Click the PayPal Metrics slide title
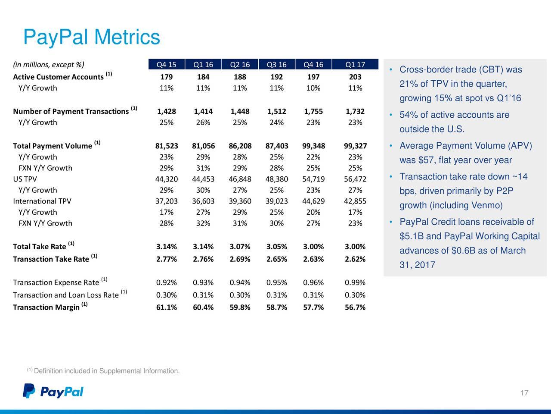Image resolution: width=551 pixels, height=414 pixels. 92,37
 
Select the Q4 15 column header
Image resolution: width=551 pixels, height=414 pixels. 167,65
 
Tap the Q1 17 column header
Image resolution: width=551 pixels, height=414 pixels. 355,65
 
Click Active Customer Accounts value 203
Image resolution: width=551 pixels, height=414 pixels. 355,77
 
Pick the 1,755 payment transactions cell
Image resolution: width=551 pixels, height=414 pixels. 313,111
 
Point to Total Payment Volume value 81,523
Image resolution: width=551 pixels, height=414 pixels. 167,146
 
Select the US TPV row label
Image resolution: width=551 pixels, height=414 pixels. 25,179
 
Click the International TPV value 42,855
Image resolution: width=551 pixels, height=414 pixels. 355,201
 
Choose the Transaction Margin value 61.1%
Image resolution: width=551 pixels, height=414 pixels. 167,307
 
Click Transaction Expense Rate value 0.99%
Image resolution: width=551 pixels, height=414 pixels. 355,282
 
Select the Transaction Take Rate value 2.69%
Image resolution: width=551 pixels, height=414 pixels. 240,259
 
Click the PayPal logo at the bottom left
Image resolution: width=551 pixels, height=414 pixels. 53,391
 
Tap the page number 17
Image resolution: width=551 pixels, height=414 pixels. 524,393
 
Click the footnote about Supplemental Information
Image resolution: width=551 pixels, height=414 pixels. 103,370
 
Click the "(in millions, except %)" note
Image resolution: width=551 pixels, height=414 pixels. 49,65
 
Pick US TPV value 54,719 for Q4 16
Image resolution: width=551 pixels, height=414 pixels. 313,179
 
